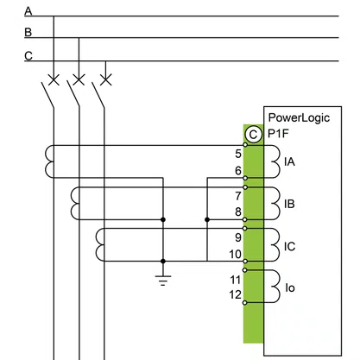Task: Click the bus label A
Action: tap(28, 11)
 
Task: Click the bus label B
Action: tap(28, 32)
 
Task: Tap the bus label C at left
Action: tap(28, 55)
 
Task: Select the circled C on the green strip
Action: tap(253, 135)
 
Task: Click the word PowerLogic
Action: tap(299, 117)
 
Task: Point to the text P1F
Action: tap(278, 134)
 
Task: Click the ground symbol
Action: tap(163, 281)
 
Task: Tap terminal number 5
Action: tap(238, 154)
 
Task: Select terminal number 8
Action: tap(238, 212)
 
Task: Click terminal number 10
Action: tap(235, 255)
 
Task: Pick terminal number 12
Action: tap(236, 294)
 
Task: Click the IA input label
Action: tap(289, 161)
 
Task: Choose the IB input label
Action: tap(289, 204)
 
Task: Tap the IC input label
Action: tap(290, 247)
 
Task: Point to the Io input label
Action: tap(290, 288)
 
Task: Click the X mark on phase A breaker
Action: tap(54, 79)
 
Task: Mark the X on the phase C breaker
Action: tap(105, 79)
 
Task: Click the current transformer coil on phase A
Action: tap(49, 161)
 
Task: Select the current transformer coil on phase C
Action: tap(99, 244)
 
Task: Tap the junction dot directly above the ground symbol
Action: tap(163, 262)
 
